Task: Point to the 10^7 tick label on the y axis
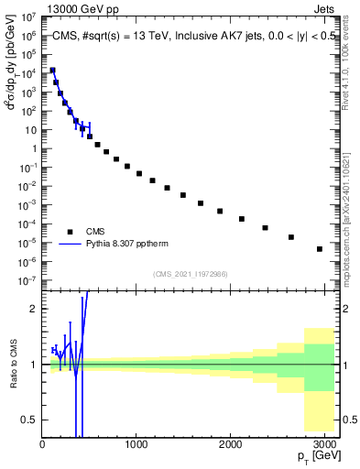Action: pos(28,16)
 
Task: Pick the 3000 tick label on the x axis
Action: pos(326,442)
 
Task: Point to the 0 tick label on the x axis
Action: pos(42,442)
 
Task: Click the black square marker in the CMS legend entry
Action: pos(70,232)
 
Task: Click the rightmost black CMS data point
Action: pos(320,248)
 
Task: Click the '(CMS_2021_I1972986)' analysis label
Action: pos(190,273)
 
